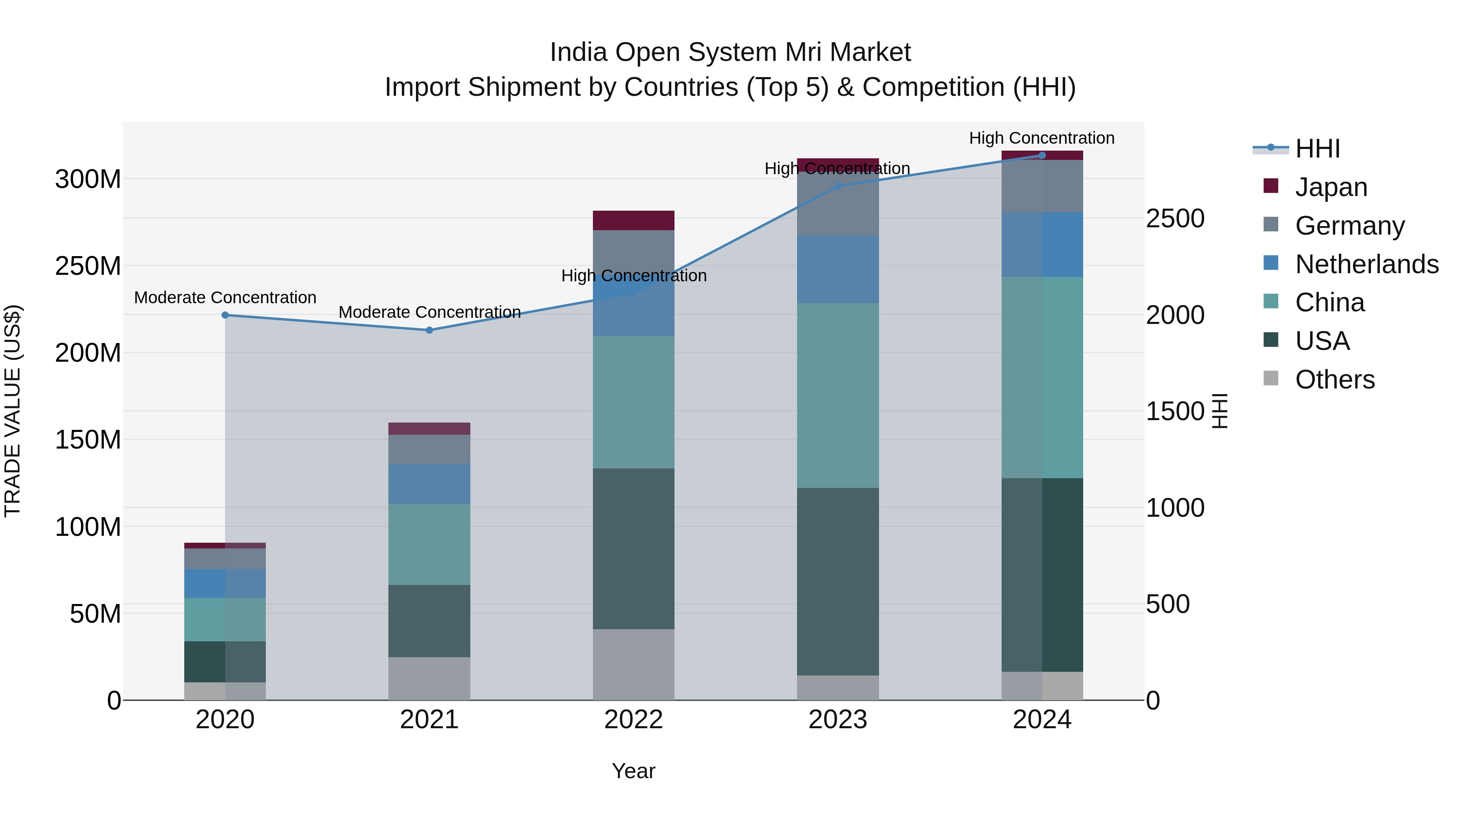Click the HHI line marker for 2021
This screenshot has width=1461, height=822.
point(429,330)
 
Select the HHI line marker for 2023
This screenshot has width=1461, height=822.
point(838,186)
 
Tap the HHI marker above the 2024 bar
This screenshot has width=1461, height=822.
point(1042,155)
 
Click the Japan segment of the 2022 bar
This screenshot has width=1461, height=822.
point(634,220)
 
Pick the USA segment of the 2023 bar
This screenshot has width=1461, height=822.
point(838,581)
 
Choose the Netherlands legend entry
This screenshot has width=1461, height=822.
point(1366,264)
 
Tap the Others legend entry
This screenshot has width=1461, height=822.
point(1334,380)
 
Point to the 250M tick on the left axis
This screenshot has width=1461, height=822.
point(88,266)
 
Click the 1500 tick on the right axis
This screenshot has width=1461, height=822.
point(1174,411)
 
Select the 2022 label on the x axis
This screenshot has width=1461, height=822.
point(634,720)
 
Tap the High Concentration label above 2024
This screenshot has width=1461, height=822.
point(1041,138)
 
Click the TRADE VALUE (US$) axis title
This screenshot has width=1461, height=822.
point(13,411)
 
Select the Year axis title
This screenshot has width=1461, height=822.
point(634,771)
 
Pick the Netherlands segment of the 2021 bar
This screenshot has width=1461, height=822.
point(429,484)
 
